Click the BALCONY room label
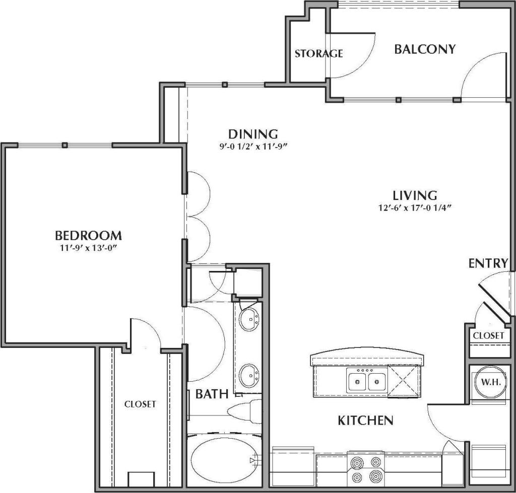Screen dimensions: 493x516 coord(425,49)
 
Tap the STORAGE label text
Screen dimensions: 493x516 coord(318,53)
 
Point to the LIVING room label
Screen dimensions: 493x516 coord(415,195)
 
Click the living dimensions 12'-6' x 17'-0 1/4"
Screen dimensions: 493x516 coord(415,208)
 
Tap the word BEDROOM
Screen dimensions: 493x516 coord(88,235)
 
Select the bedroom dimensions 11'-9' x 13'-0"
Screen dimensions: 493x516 coord(89,248)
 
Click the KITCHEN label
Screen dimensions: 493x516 coord(365,420)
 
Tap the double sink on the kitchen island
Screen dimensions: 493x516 coord(367,379)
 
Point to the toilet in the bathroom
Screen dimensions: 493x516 coord(244,410)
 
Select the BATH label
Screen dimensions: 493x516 coord(212,394)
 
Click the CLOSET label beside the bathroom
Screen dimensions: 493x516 coord(140,404)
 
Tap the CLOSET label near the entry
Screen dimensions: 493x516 coord(488,335)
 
